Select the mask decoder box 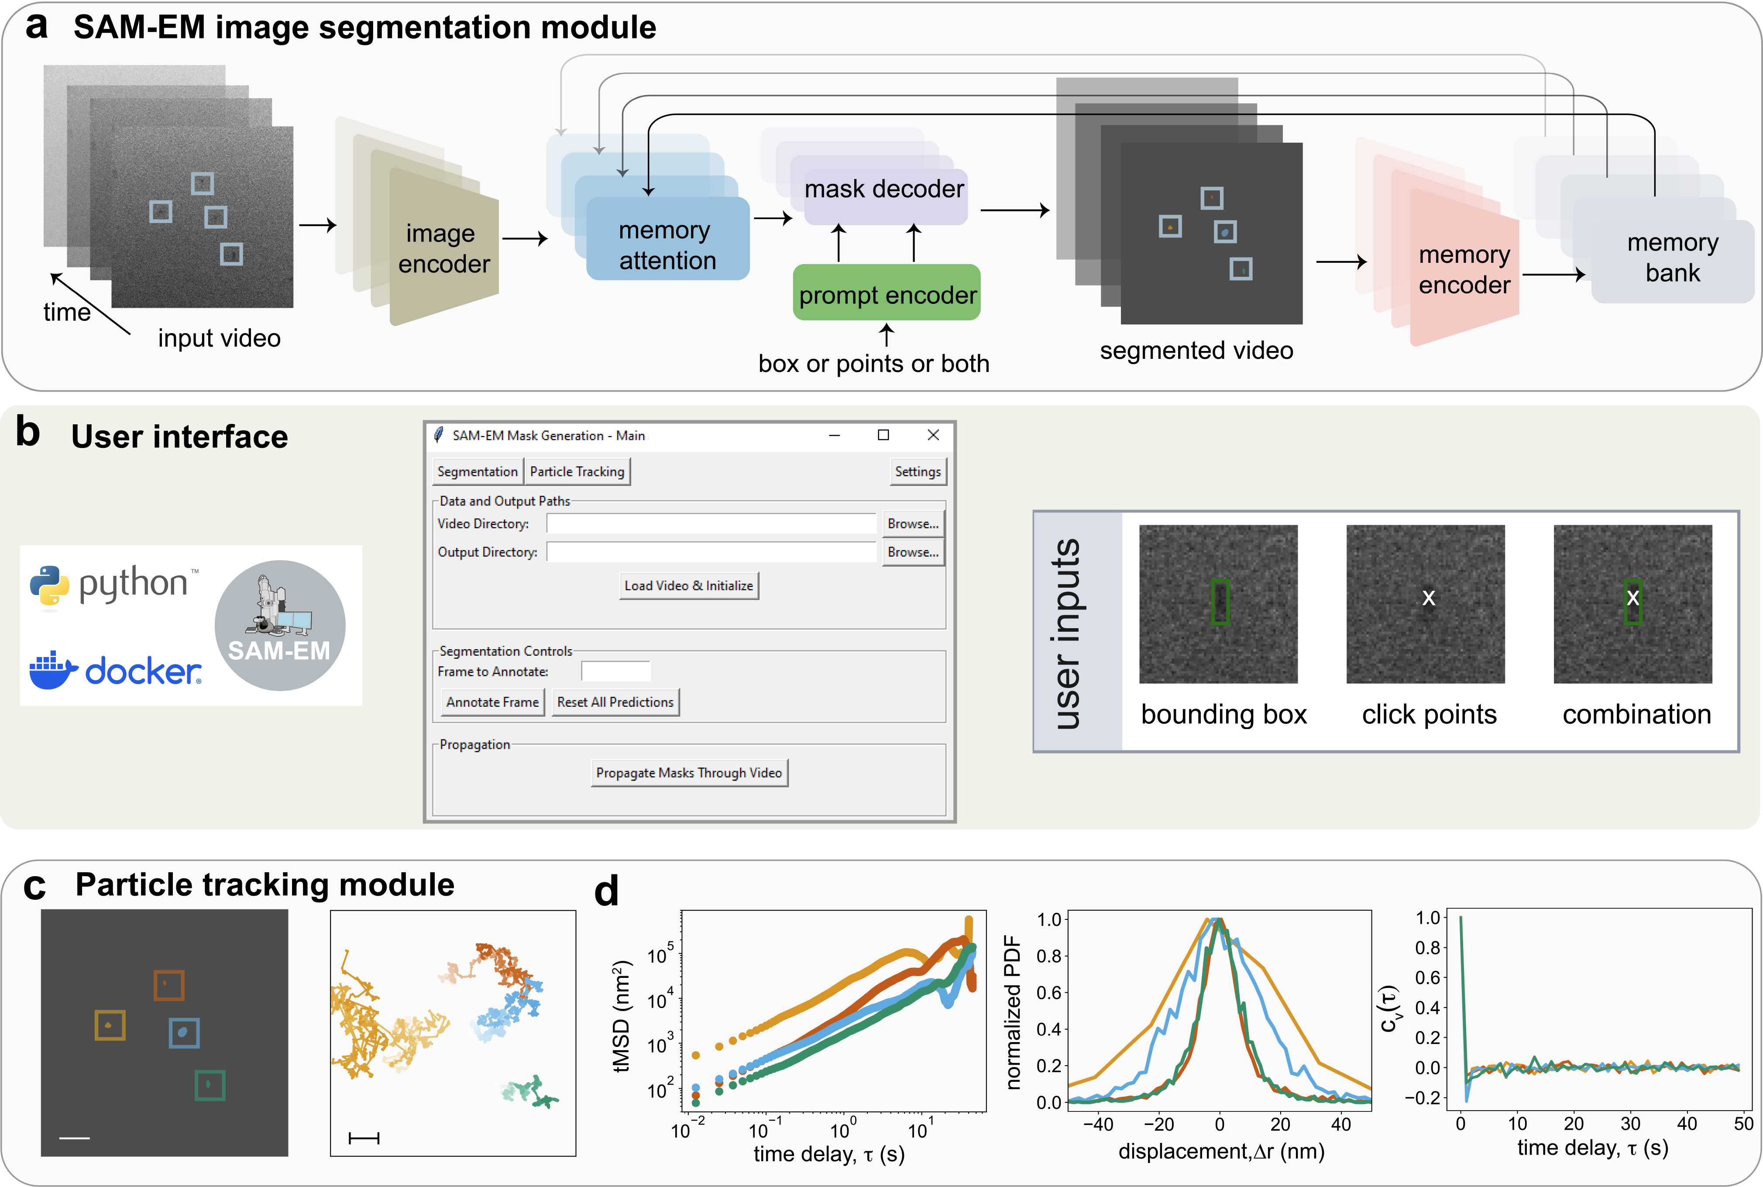(x=884, y=190)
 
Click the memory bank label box (x=1672, y=259)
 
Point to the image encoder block (x=443, y=248)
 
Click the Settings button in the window (x=918, y=471)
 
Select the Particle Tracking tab (x=577, y=471)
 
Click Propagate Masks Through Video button (x=689, y=773)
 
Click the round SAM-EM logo (x=280, y=625)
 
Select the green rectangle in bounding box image (x=1220, y=602)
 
